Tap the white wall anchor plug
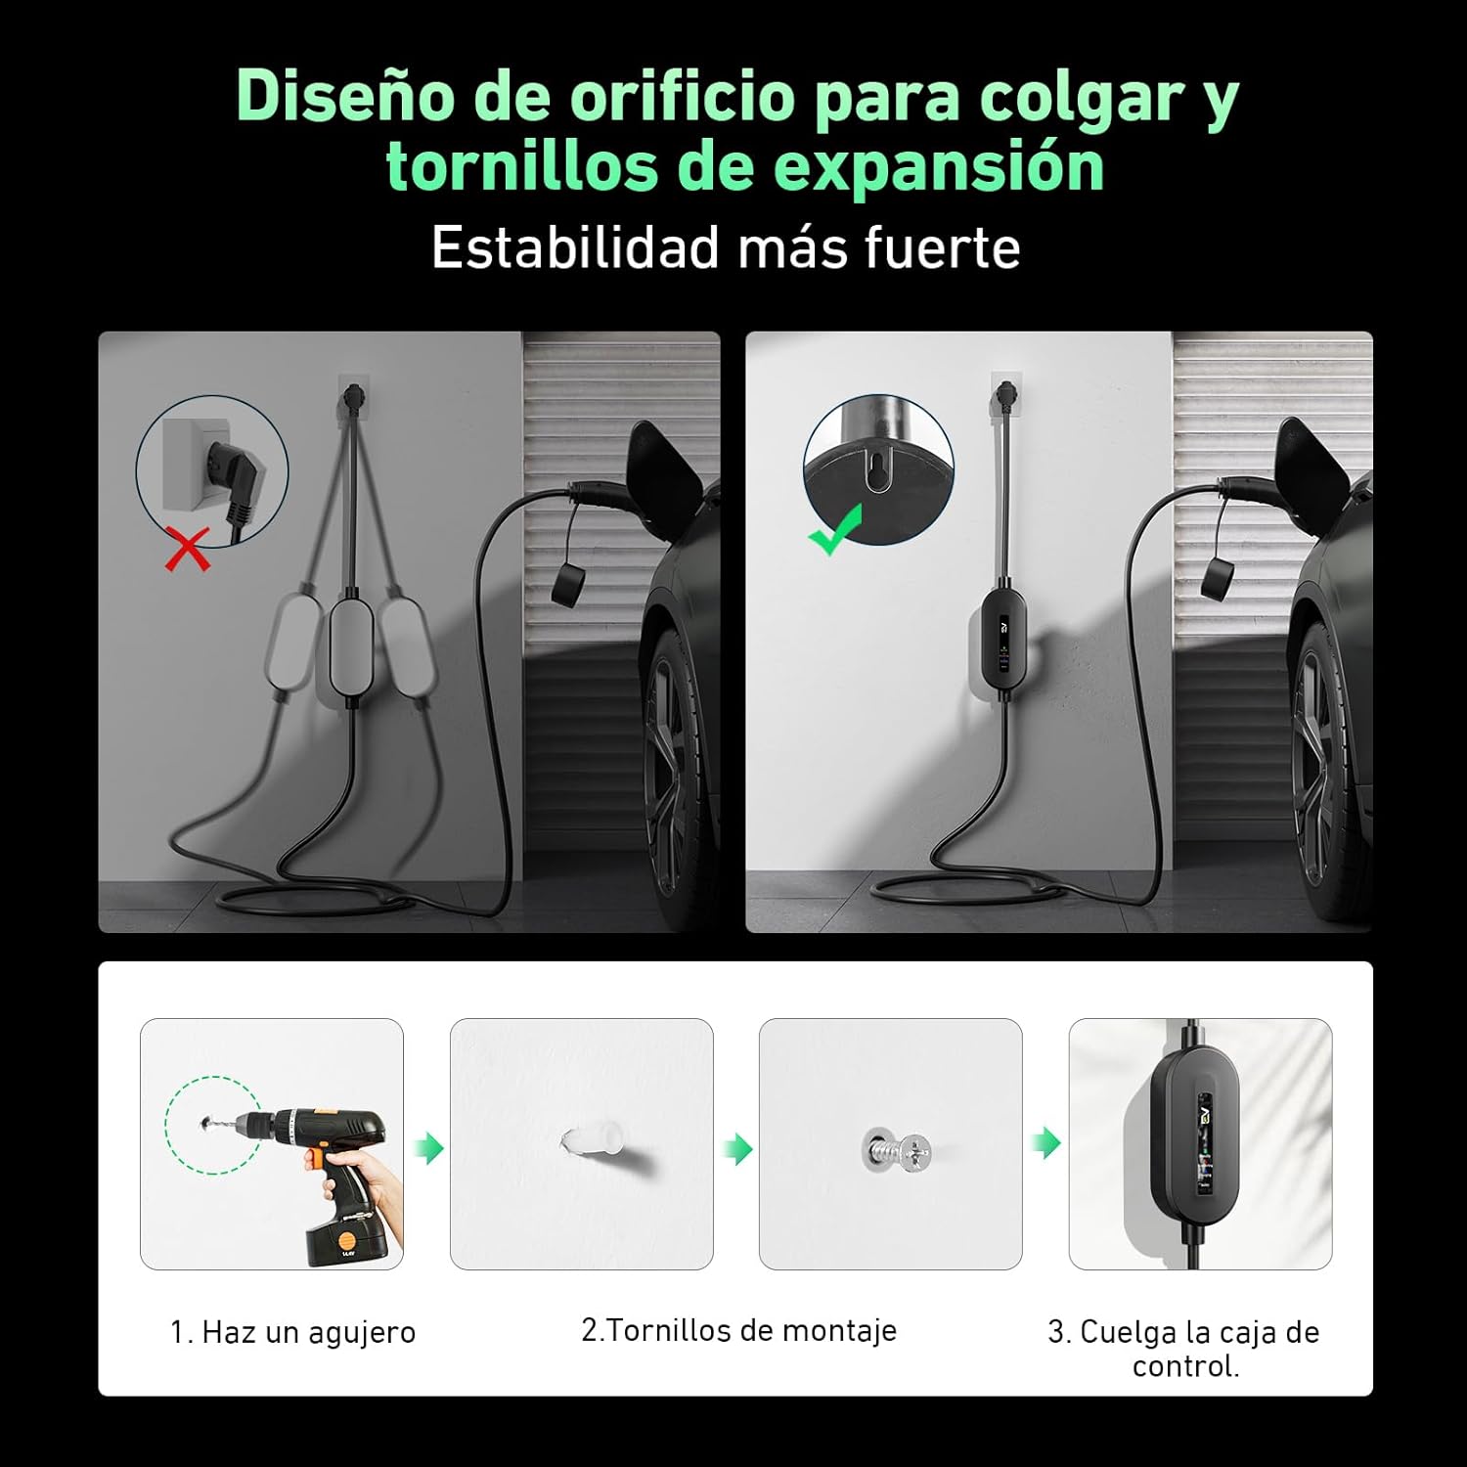coord(588,1143)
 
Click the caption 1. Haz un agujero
coord(293,1332)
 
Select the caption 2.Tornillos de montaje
coord(738,1330)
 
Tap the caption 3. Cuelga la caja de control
coord(1184,1349)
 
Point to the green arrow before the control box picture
coord(1046,1141)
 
